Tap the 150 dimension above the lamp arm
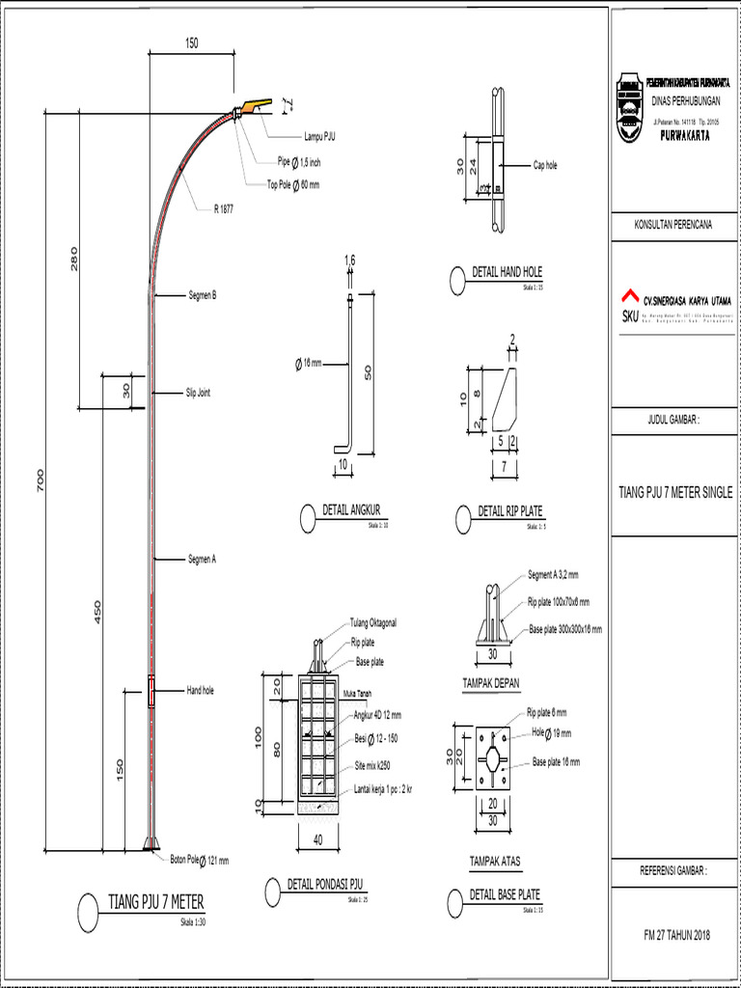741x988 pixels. click(191, 42)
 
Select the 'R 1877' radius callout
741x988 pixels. click(224, 207)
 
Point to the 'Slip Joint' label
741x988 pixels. click(198, 393)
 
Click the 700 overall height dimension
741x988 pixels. click(40, 480)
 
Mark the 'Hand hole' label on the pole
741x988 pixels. click(200, 690)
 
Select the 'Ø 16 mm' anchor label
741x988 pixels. click(308, 364)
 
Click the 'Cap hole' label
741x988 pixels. click(545, 165)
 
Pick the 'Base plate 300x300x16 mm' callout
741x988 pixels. click(564, 629)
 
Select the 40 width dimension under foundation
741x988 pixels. click(317, 839)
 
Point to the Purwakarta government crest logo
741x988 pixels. click(629, 108)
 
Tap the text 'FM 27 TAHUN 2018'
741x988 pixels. click(675, 935)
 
